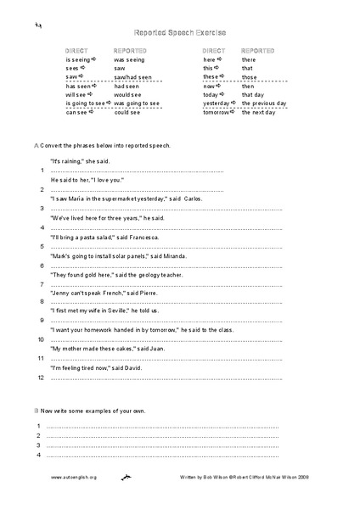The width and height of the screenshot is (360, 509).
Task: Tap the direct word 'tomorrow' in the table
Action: [217, 111]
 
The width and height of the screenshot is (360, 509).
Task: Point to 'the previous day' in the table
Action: [264, 103]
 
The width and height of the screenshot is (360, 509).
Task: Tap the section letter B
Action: [36, 408]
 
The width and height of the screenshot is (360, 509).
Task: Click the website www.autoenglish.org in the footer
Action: [74, 478]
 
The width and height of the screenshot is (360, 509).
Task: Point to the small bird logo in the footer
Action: [127, 478]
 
